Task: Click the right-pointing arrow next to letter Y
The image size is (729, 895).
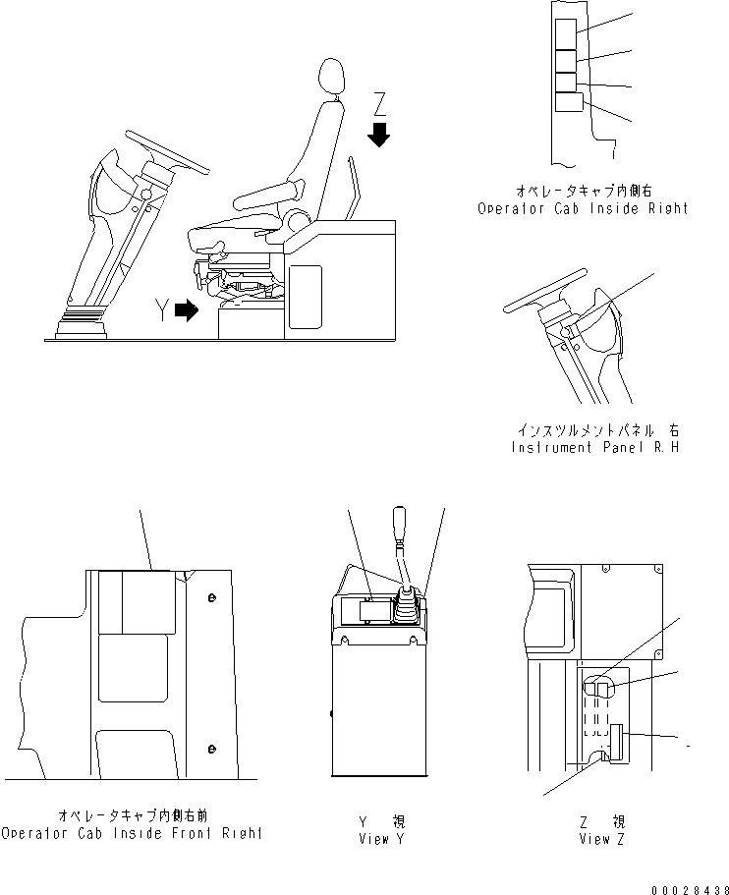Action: coord(185,311)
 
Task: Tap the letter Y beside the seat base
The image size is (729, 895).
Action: coord(160,311)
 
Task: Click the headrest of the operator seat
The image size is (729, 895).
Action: coord(333,78)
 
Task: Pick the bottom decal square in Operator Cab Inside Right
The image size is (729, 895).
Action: coord(569,102)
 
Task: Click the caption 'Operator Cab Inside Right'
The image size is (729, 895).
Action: coord(583,208)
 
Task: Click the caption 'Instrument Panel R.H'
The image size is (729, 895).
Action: coord(594,447)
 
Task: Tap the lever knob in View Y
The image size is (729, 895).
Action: coord(400,522)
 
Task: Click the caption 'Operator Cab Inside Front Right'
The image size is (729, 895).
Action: coord(132,833)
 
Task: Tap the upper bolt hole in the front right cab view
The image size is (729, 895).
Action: coord(211,596)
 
